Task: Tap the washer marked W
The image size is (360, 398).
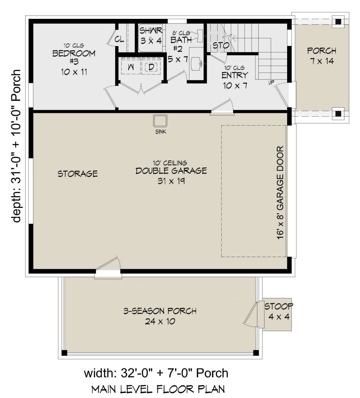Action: click(131, 67)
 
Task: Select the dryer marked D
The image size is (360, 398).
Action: click(151, 67)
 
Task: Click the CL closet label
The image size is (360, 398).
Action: click(119, 39)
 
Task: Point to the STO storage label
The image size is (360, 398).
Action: click(221, 46)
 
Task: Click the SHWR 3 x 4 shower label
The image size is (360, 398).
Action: click(151, 35)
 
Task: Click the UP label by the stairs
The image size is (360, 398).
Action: click(271, 82)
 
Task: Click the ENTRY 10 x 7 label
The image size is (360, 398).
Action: click(235, 80)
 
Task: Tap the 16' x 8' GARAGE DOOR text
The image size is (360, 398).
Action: click(280, 192)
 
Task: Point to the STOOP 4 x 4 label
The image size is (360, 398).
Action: click(279, 311)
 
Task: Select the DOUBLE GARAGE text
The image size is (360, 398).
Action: click(171, 171)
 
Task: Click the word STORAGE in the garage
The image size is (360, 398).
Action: click(77, 174)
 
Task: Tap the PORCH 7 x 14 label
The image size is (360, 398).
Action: click(322, 56)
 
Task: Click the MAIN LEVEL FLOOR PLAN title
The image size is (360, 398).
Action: click(158, 389)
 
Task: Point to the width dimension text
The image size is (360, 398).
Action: click(156, 373)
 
